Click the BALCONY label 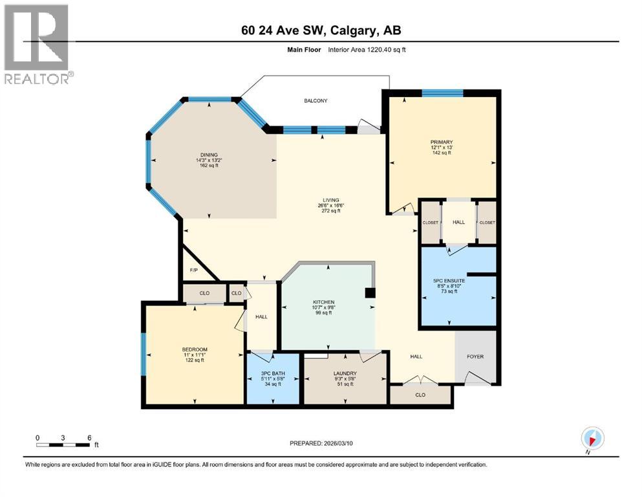pos(316,101)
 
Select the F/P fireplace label pos(193,270)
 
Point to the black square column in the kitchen pos(370,293)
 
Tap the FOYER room pos(475,357)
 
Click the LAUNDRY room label pos(344,373)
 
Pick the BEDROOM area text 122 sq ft pos(194,360)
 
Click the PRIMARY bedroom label pos(442,142)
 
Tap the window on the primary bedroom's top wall pos(442,93)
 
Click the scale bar pos(63,445)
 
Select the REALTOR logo pos(37,44)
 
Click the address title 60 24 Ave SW pos(321,31)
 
